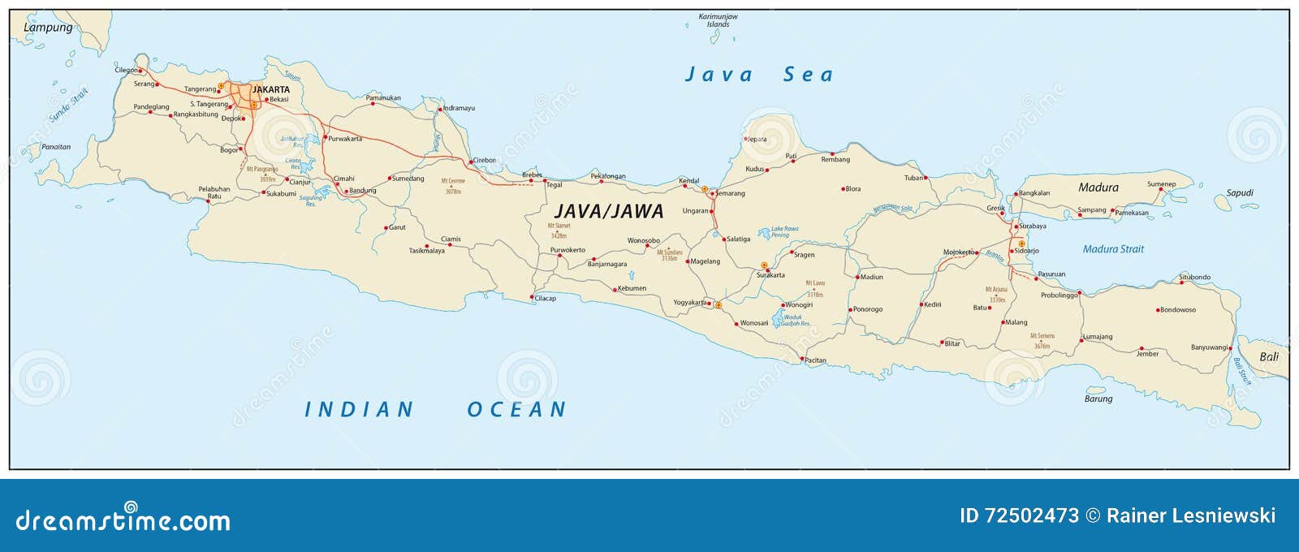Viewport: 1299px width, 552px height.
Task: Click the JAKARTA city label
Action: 270,89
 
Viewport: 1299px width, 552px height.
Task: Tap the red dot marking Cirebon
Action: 471,162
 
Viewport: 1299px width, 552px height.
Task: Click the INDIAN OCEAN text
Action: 435,409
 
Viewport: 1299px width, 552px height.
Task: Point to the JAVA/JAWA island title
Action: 609,211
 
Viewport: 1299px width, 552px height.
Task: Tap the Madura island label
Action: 1098,188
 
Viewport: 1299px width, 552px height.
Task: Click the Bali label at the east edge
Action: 1268,356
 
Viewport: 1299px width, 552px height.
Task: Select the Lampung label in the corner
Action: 48,28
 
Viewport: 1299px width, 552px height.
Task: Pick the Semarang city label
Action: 730,193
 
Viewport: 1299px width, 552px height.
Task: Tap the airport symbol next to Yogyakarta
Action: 718,305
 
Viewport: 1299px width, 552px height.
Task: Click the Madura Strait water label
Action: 1113,249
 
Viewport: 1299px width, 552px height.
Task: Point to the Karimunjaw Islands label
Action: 718,20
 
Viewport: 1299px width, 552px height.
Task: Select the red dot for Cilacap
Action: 533,296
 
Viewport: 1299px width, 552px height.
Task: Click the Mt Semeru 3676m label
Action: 1042,340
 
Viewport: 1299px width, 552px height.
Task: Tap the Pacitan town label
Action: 815,360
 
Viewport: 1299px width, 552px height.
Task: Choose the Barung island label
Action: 1098,399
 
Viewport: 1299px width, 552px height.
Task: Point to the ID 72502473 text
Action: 1019,515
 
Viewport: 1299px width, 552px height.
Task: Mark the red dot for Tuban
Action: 926,178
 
